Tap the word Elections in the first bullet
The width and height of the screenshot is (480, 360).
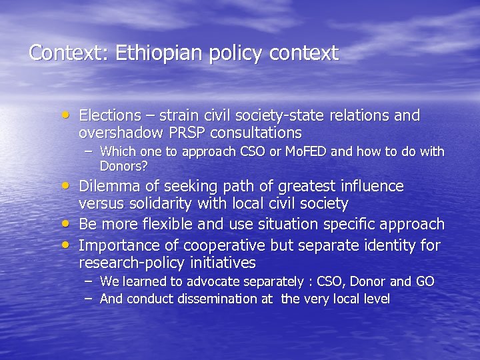pos(110,116)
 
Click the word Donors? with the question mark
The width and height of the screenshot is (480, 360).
pos(123,165)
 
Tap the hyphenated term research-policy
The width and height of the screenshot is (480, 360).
pos(129,263)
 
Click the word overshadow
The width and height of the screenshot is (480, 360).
pos(125,133)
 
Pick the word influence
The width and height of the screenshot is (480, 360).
pos(370,186)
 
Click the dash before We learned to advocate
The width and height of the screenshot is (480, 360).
pos(89,281)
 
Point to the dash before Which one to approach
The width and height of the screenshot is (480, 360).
pos(89,151)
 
